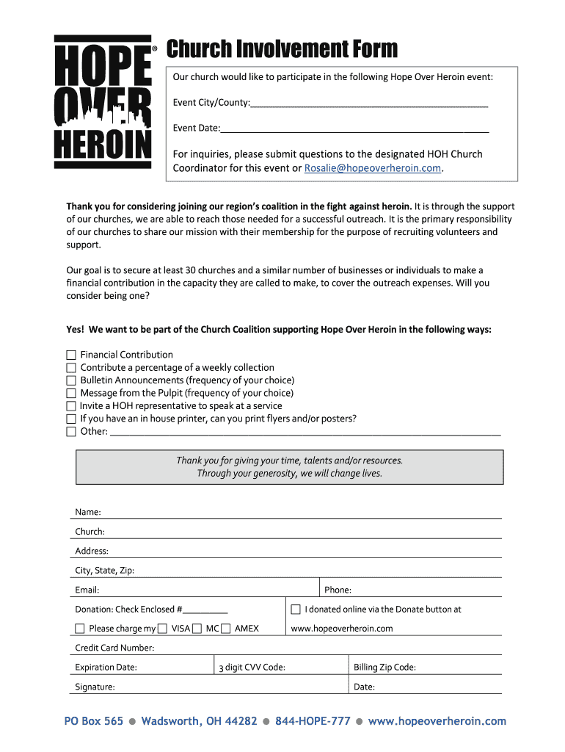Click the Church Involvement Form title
[x=282, y=49]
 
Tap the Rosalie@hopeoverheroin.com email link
[x=373, y=168]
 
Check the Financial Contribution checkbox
[x=71, y=355]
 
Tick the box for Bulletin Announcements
[x=71, y=380]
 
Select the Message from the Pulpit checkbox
[x=71, y=393]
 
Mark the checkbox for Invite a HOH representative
[x=71, y=406]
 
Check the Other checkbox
[x=71, y=432]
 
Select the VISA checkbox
[x=197, y=629]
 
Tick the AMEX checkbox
[x=226, y=629]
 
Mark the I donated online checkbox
[x=296, y=610]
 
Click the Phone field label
[x=338, y=590]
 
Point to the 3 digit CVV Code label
[x=252, y=668]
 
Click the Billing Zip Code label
[x=384, y=668]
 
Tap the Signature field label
[x=95, y=687]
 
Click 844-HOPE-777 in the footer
[x=313, y=721]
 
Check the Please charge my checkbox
[x=80, y=629]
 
